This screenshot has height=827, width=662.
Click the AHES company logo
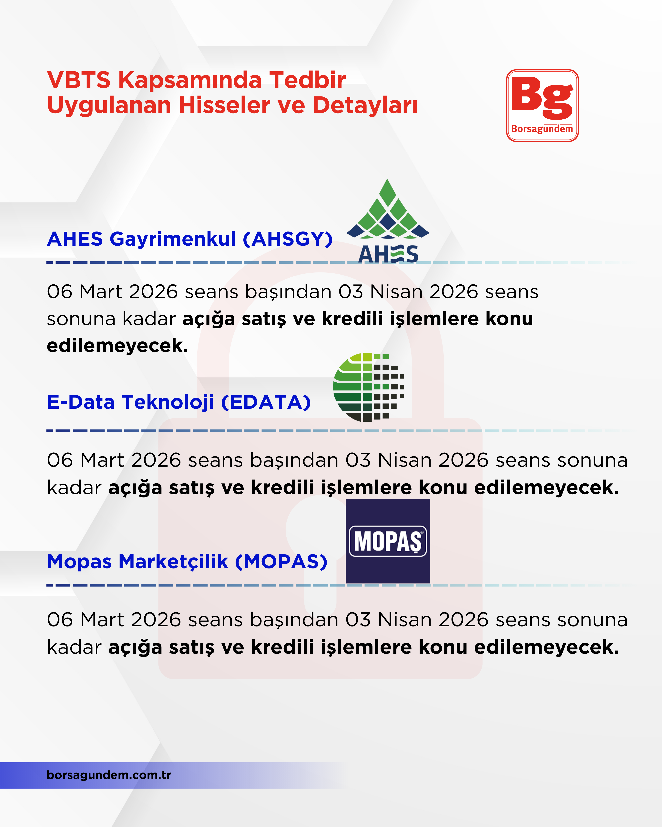[388, 222]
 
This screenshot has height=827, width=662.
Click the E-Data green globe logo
[368, 387]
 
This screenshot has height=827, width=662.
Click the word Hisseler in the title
[225, 105]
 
